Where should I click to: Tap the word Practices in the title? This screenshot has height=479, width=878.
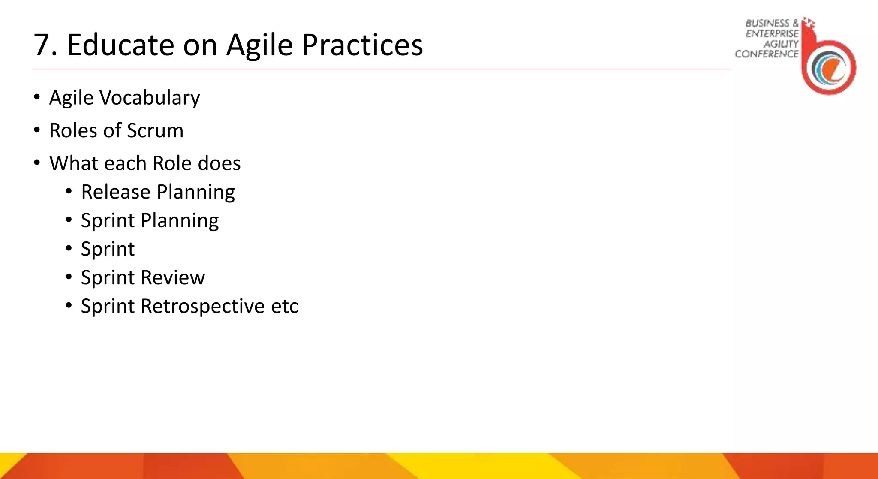pyautogui.click(x=362, y=45)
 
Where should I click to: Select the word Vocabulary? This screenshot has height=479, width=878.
pyautogui.click(x=150, y=98)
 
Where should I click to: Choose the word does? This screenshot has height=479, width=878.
pyautogui.click(x=219, y=163)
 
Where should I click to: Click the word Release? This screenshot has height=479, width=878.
pyautogui.click(x=115, y=192)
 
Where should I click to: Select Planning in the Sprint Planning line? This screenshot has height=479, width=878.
pyautogui.click(x=180, y=221)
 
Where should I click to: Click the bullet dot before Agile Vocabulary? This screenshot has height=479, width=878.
pyautogui.click(x=37, y=97)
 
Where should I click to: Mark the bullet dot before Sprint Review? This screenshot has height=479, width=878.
pyautogui.click(x=69, y=277)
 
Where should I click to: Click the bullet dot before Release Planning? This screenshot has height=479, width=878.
pyautogui.click(x=69, y=191)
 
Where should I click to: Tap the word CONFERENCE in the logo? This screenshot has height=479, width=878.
pyautogui.click(x=767, y=54)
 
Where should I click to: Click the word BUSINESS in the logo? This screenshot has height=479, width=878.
pyautogui.click(x=767, y=23)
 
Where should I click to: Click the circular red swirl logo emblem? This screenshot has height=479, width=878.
pyautogui.click(x=829, y=67)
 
